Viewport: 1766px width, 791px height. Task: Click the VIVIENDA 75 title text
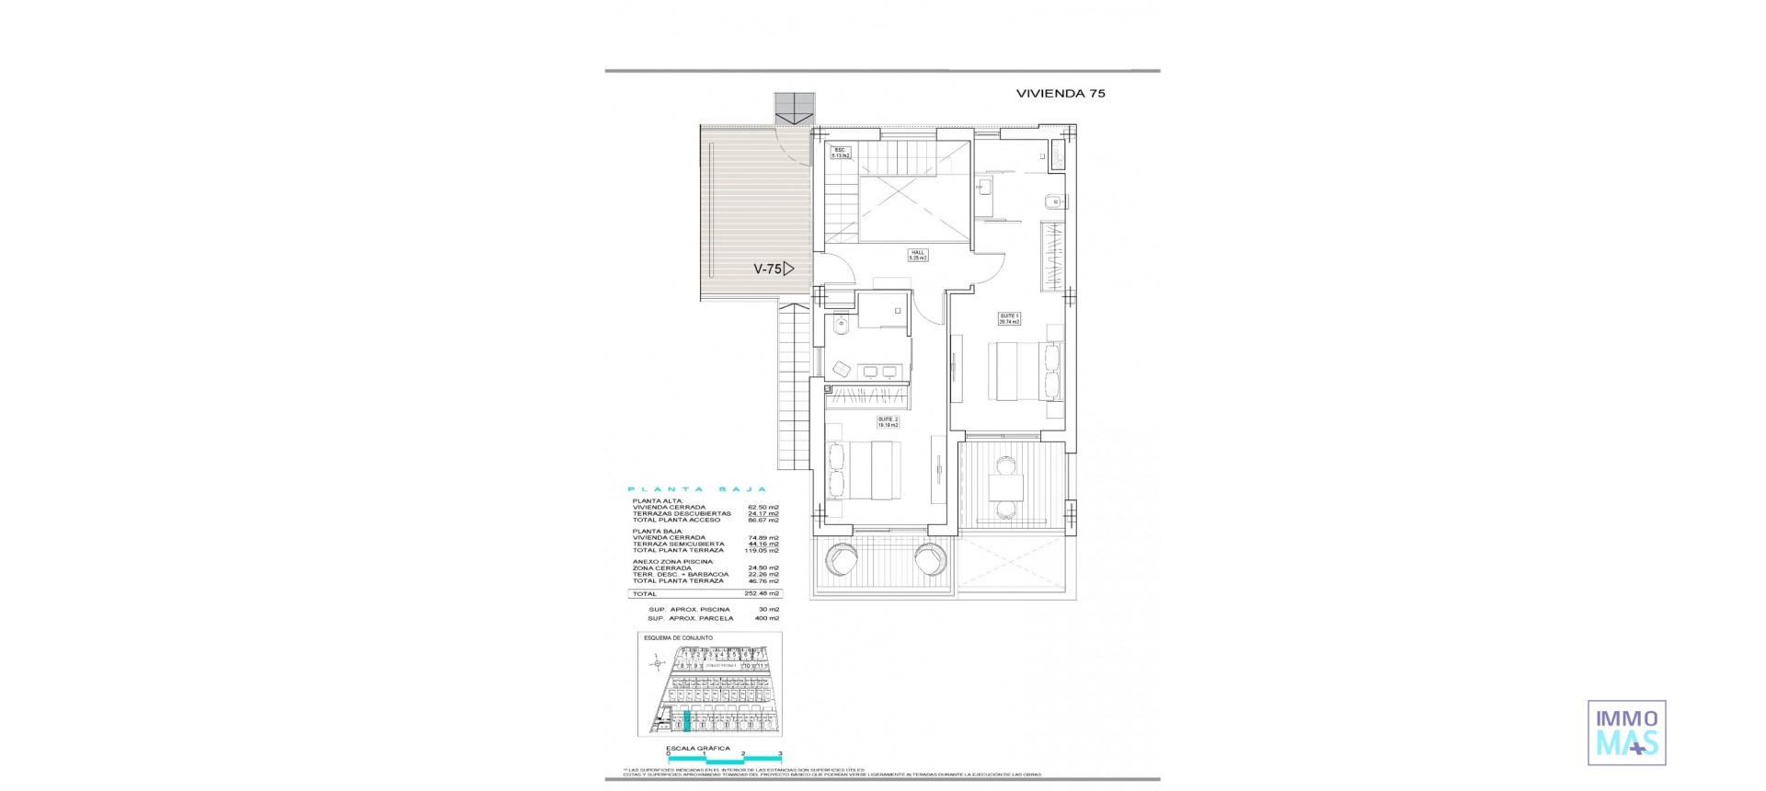pyautogui.click(x=1060, y=93)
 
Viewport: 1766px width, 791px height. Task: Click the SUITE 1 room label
pyautogui.click(x=1009, y=318)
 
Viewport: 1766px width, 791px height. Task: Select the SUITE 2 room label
pyautogui.click(x=888, y=422)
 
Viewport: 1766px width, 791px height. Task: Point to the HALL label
pyautogui.click(x=918, y=257)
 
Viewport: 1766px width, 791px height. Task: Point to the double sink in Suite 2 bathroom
pyautogui.click(x=236, y=372)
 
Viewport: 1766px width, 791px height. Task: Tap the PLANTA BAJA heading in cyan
pyautogui.click(x=696, y=489)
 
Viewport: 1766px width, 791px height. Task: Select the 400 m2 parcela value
pyautogui.click(x=766, y=618)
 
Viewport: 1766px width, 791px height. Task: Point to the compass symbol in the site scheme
pyautogui.click(x=656, y=663)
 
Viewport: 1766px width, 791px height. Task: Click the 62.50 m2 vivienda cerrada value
pyautogui.click(x=763, y=508)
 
